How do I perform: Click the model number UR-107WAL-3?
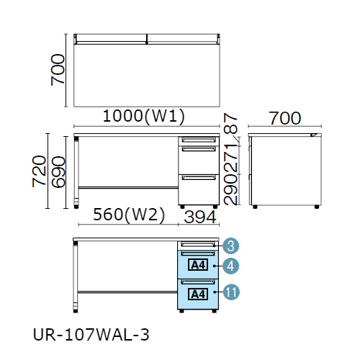pyautogui.click(x=91, y=335)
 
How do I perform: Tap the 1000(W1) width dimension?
pyautogui.click(x=144, y=116)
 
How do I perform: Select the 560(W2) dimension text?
pyautogui.click(x=129, y=215)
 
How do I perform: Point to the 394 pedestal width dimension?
pyautogui.click(x=200, y=217)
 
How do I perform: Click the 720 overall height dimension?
pyautogui.click(x=39, y=171)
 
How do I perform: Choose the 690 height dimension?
pyautogui.click(x=58, y=172)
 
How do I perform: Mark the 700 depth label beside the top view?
pyautogui.click(x=58, y=70)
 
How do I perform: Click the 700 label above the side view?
pyautogui.click(x=284, y=118)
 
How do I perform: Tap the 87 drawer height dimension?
pyautogui.click(x=230, y=123)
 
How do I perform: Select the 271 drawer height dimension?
pyautogui.click(x=230, y=158)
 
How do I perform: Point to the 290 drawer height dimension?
pyautogui.click(x=230, y=189)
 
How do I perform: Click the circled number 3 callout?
pyautogui.click(x=230, y=246)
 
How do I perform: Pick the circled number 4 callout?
pyautogui.click(x=230, y=266)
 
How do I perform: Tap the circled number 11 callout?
pyautogui.click(x=231, y=292)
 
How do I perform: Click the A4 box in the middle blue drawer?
pyautogui.click(x=198, y=265)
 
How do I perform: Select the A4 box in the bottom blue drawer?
pyautogui.click(x=198, y=294)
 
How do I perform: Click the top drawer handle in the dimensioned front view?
pyautogui.click(x=199, y=140)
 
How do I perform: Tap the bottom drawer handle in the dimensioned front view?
pyautogui.click(x=199, y=178)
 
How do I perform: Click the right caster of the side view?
pyautogui.click(x=317, y=207)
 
